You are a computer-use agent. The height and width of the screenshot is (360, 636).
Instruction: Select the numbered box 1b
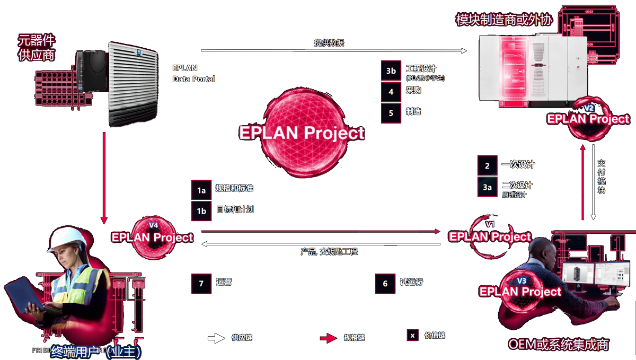coord(201,210)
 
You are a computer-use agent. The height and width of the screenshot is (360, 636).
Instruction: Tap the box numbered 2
coord(487,165)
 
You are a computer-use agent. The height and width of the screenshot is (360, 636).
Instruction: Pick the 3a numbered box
coord(487,187)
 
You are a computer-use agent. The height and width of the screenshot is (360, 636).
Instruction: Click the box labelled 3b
coord(391,71)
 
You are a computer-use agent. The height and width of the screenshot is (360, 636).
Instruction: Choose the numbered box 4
coord(391,92)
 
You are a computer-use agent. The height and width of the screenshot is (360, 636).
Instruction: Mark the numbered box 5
coord(391,113)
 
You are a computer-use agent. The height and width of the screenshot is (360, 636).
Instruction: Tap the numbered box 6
coord(385,283)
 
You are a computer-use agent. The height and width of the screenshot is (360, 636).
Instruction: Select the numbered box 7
coord(201,283)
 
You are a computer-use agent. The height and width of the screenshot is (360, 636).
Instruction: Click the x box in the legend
coord(413,336)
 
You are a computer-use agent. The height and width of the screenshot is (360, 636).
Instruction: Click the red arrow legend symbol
coord(329,338)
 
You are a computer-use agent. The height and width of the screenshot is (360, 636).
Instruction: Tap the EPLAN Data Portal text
coord(193,74)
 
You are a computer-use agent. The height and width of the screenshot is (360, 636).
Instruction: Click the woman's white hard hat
coord(67,239)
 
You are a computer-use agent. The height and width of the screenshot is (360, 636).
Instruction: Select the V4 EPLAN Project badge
coord(152,236)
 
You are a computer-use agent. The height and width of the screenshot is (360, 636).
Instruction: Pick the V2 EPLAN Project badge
coord(588,117)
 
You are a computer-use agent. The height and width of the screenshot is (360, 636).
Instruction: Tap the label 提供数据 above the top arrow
coord(329,43)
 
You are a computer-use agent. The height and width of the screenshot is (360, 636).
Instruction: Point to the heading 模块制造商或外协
coord(504,20)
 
